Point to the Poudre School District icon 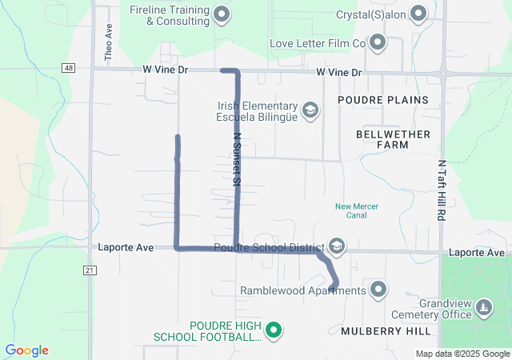click(x=337, y=247)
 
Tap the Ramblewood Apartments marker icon click(x=378, y=290)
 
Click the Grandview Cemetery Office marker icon click(x=483, y=308)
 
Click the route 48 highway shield click(x=70, y=69)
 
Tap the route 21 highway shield click(x=89, y=271)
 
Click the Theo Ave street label click(x=109, y=42)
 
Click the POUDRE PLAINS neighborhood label click(x=382, y=100)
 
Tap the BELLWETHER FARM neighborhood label click(x=393, y=139)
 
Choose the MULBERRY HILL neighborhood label click(x=386, y=330)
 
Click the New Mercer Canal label click(x=356, y=211)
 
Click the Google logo click(x=26, y=350)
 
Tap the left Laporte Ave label click(x=125, y=248)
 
